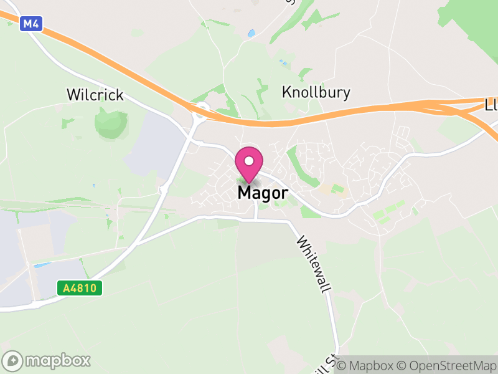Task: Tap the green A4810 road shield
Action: tap(80, 288)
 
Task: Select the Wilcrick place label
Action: tap(95, 95)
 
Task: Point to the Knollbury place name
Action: tap(316, 93)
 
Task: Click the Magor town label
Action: tap(263, 193)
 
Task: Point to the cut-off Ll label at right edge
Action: tap(491, 106)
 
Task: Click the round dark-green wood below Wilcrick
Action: tap(111, 122)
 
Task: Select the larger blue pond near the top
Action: tap(251, 33)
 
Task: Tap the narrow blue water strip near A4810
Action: tap(42, 265)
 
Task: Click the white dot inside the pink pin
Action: tap(249, 161)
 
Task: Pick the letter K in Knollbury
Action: tap(287, 93)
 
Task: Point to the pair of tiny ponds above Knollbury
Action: tap(284, 62)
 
